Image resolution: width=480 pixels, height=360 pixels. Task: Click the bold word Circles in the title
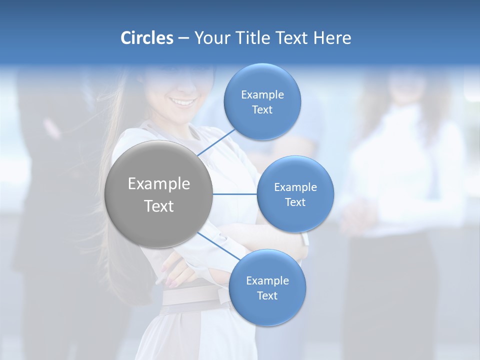146,38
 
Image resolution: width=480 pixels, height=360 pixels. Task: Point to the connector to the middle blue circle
235,194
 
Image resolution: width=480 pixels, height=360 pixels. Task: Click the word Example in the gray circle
159,184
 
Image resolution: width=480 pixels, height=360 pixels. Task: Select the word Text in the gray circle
159,206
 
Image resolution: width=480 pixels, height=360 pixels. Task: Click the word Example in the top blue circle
262,95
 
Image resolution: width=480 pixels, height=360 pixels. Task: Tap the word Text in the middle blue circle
295,202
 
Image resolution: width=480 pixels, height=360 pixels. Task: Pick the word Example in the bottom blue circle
267,281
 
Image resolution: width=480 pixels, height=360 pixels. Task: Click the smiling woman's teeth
183,102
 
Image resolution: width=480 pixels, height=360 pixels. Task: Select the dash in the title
183,38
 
